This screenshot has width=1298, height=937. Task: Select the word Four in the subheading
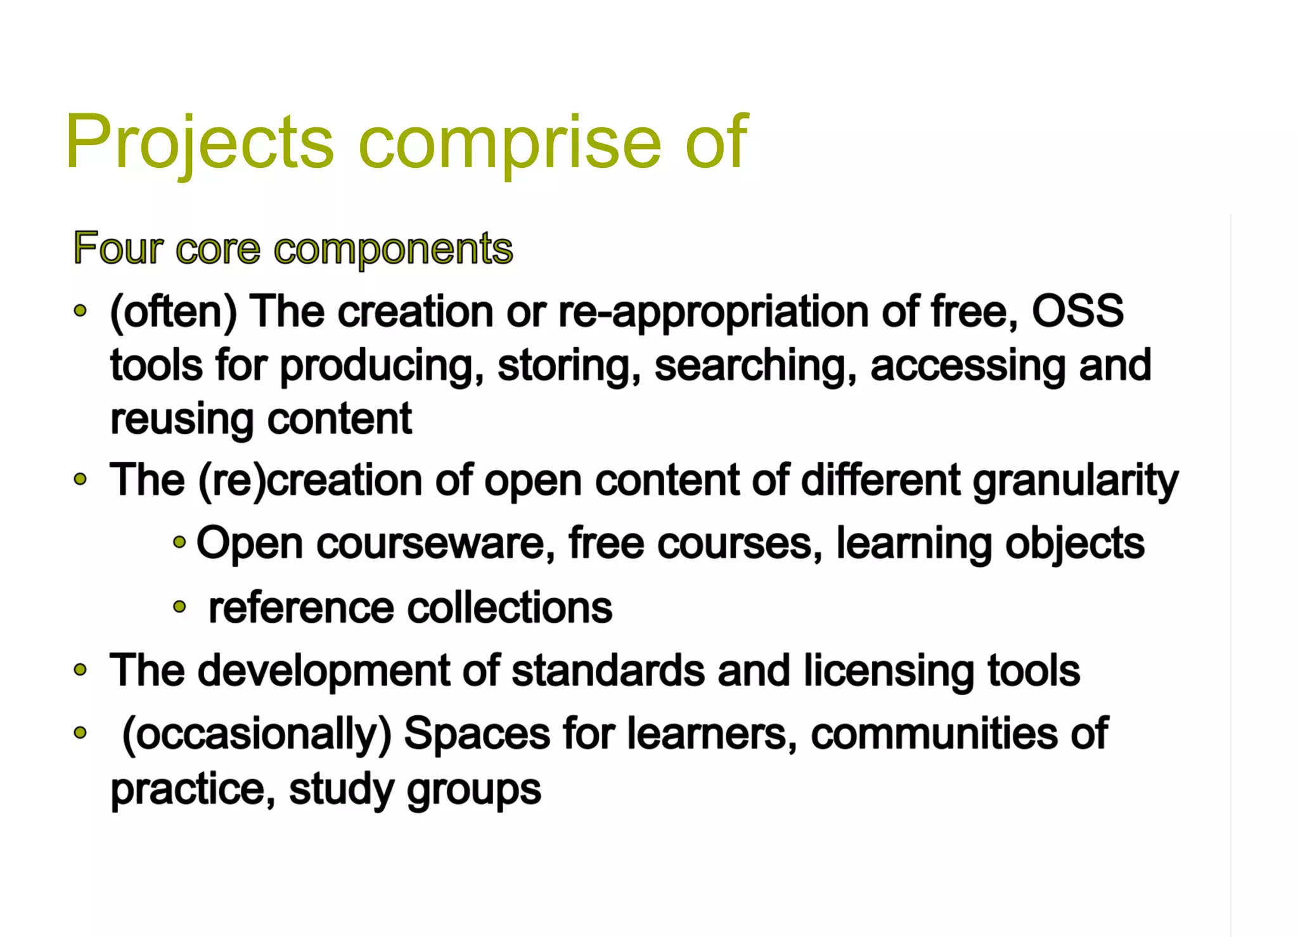[x=119, y=248]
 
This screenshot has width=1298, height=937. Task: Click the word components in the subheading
[x=393, y=249]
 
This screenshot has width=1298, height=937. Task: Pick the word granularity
[x=1075, y=480]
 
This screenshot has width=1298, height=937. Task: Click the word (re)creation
[x=310, y=480]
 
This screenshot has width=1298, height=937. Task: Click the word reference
[x=301, y=608]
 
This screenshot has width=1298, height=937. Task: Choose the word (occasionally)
[x=257, y=734]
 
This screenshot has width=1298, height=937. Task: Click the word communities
[x=934, y=734]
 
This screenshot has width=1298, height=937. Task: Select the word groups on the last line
[x=474, y=789]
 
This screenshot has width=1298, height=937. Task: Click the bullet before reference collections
[x=180, y=607]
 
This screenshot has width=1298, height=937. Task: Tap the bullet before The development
[x=80, y=670]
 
